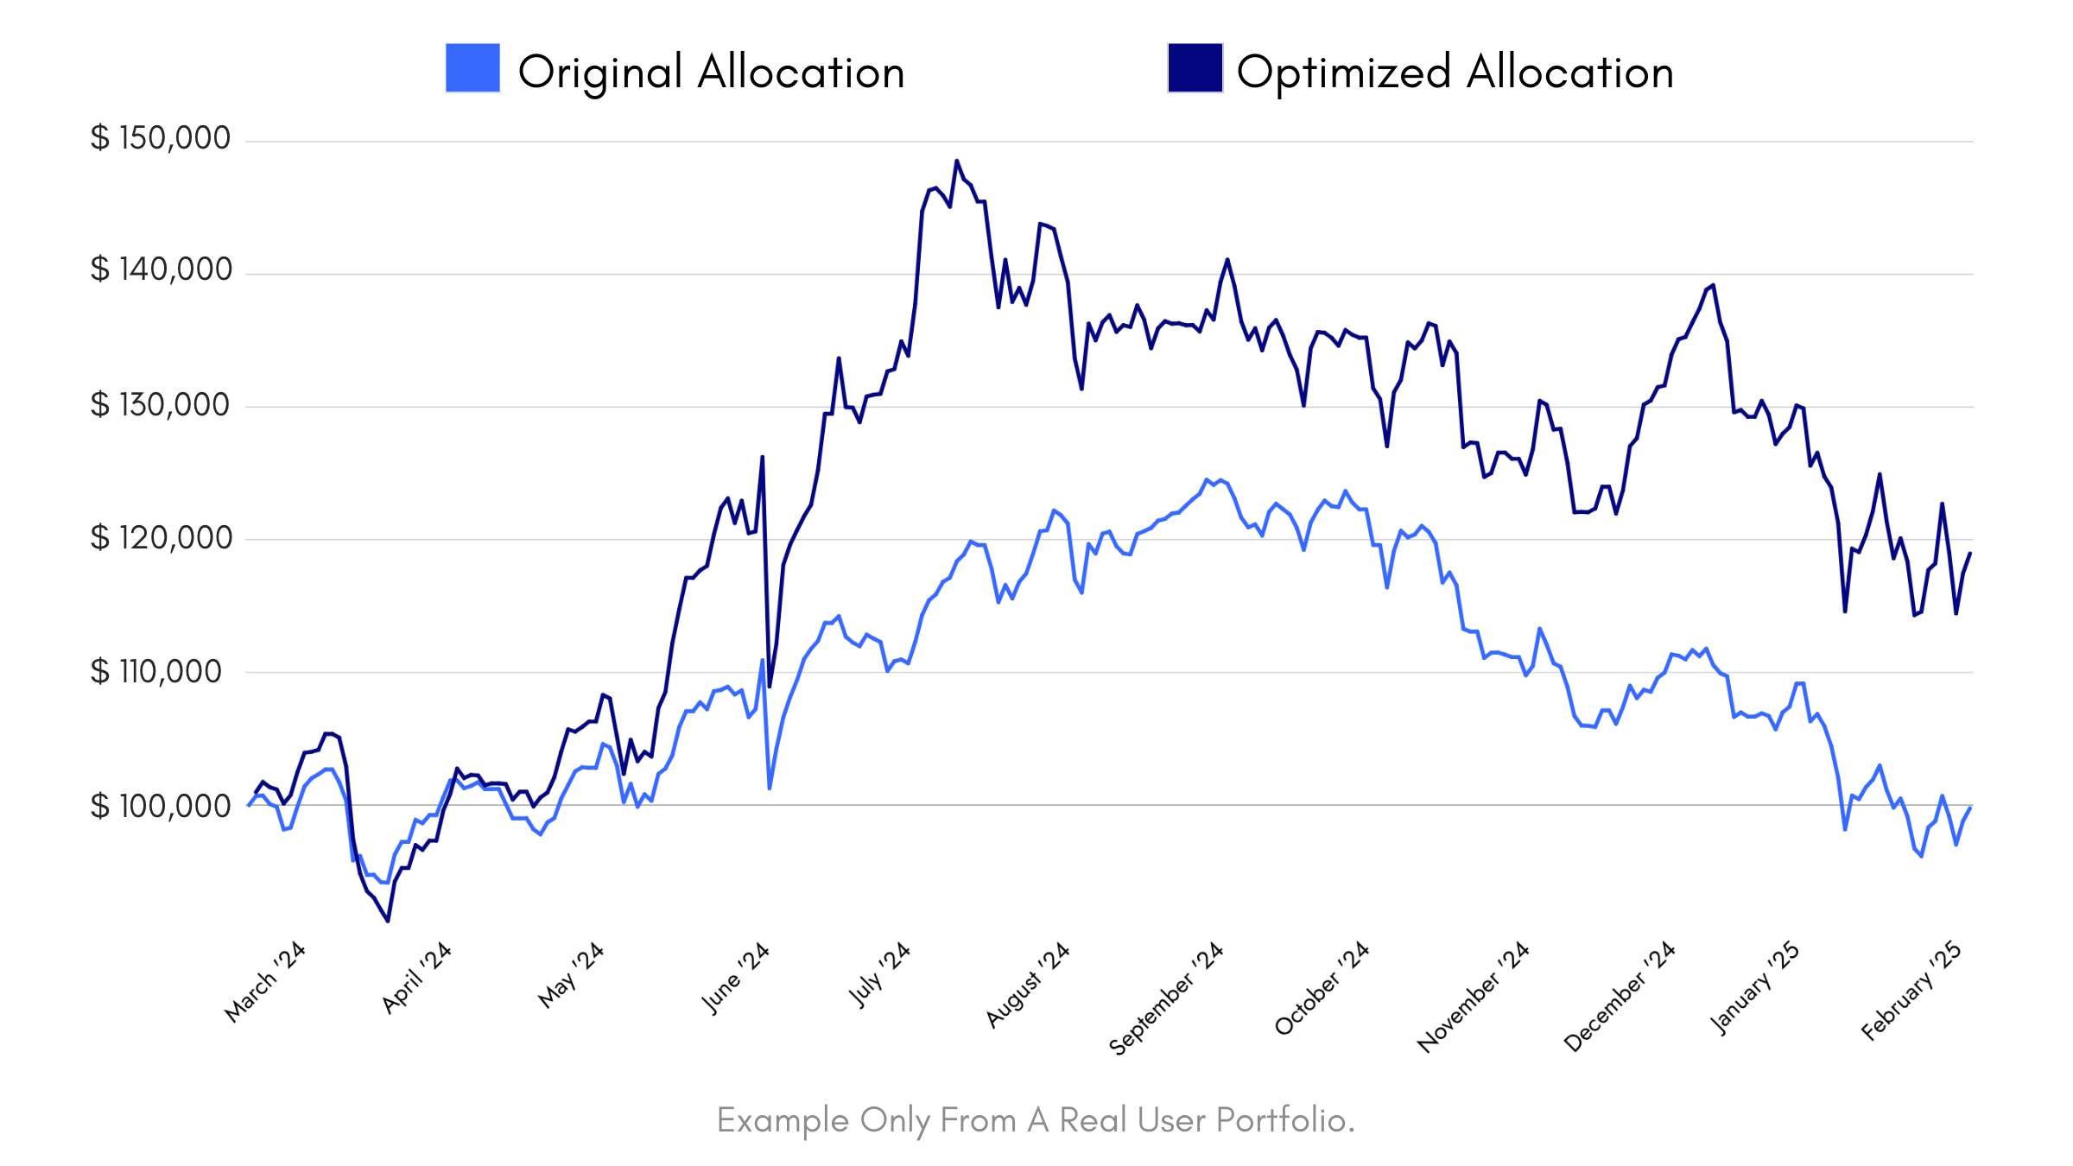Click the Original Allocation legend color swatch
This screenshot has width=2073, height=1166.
point(472,67)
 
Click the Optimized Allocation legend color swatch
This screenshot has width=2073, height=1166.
point(1195,67)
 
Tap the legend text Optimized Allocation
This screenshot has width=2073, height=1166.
point(1455,72)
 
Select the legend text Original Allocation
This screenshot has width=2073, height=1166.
point(711,72)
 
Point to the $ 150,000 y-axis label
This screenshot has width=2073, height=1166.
point(161,138)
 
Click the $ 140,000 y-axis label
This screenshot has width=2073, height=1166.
point(161,269)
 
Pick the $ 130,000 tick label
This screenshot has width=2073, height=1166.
point(161,404)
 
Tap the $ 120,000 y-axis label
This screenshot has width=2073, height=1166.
point(161,537)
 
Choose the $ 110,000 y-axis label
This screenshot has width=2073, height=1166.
point(156,671)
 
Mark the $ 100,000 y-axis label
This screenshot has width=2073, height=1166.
point(161,806)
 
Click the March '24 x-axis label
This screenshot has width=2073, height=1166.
point(265,982)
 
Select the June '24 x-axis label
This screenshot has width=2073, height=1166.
point(735,978)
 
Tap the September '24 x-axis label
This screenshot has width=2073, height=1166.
point(1166,998)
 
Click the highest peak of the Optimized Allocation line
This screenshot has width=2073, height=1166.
point(956,161)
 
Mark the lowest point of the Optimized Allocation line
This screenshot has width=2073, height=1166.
point(388,921)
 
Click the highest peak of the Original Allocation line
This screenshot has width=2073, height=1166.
point(1208,479)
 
